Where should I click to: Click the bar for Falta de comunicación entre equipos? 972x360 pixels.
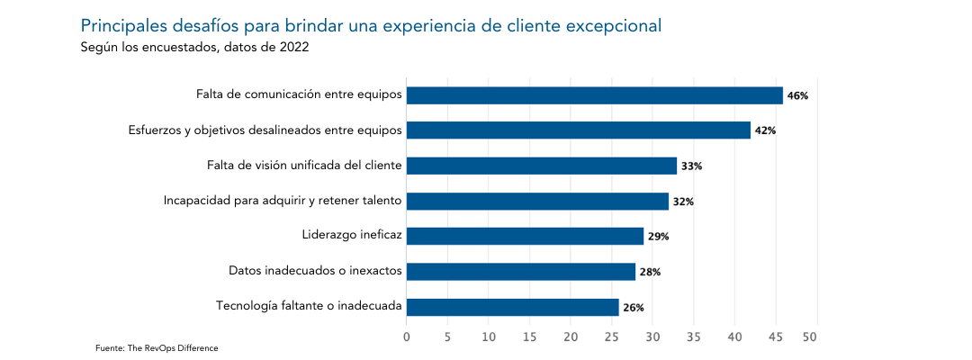pos(594,95)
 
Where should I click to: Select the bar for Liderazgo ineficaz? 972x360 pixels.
pos(525,237)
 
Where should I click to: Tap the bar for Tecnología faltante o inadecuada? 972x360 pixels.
pos(512,307)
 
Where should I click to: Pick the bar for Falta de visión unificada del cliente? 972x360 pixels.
pos(541,166)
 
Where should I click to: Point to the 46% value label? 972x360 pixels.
pos(797,95)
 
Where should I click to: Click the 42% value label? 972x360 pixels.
pos(765,130)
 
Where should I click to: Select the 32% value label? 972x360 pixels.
pos(683,202)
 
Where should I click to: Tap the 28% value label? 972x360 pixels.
pos(650,272)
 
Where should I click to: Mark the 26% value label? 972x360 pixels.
pos(634,308)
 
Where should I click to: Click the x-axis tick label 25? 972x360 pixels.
pos(612,337)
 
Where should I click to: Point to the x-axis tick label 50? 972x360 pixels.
pos(817,337)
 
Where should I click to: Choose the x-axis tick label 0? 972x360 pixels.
pos(407,337)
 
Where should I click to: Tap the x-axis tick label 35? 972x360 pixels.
pos(694,337)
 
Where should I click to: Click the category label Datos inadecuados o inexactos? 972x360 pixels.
pos(315,270)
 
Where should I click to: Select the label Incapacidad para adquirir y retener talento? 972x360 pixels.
pos(283,200)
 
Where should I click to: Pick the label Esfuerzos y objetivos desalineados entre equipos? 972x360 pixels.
pos(265,130)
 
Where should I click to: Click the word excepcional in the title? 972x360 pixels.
pos(611,25)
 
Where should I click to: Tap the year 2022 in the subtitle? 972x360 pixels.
pos(294,48)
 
